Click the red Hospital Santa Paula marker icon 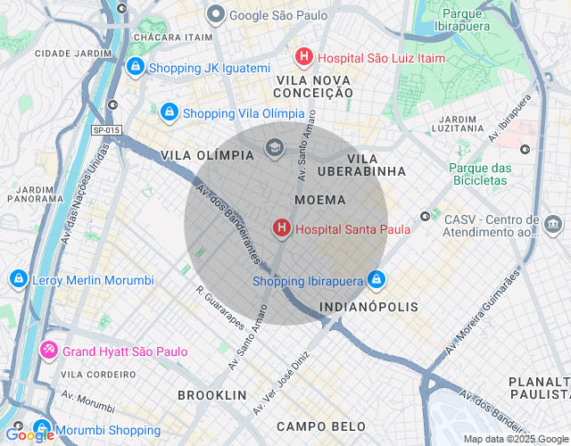(x=282, y=229)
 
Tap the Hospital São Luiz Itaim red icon (x=304, y=57)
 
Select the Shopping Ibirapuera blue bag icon (x=377, y=281)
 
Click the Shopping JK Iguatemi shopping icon (x=135, y=67)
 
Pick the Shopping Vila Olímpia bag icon (x=169, y=113)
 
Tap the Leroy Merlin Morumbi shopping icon (x=17, y=280)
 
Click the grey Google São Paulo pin (x=215, y=15)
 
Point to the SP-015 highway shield (x=106, y=130)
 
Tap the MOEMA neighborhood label (x=319, y=201)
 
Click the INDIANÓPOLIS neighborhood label (x=369, y=307)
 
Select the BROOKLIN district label (x=211, y=394)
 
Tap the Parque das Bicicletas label (x=478, y=174)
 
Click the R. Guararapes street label (x=219, y=308)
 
